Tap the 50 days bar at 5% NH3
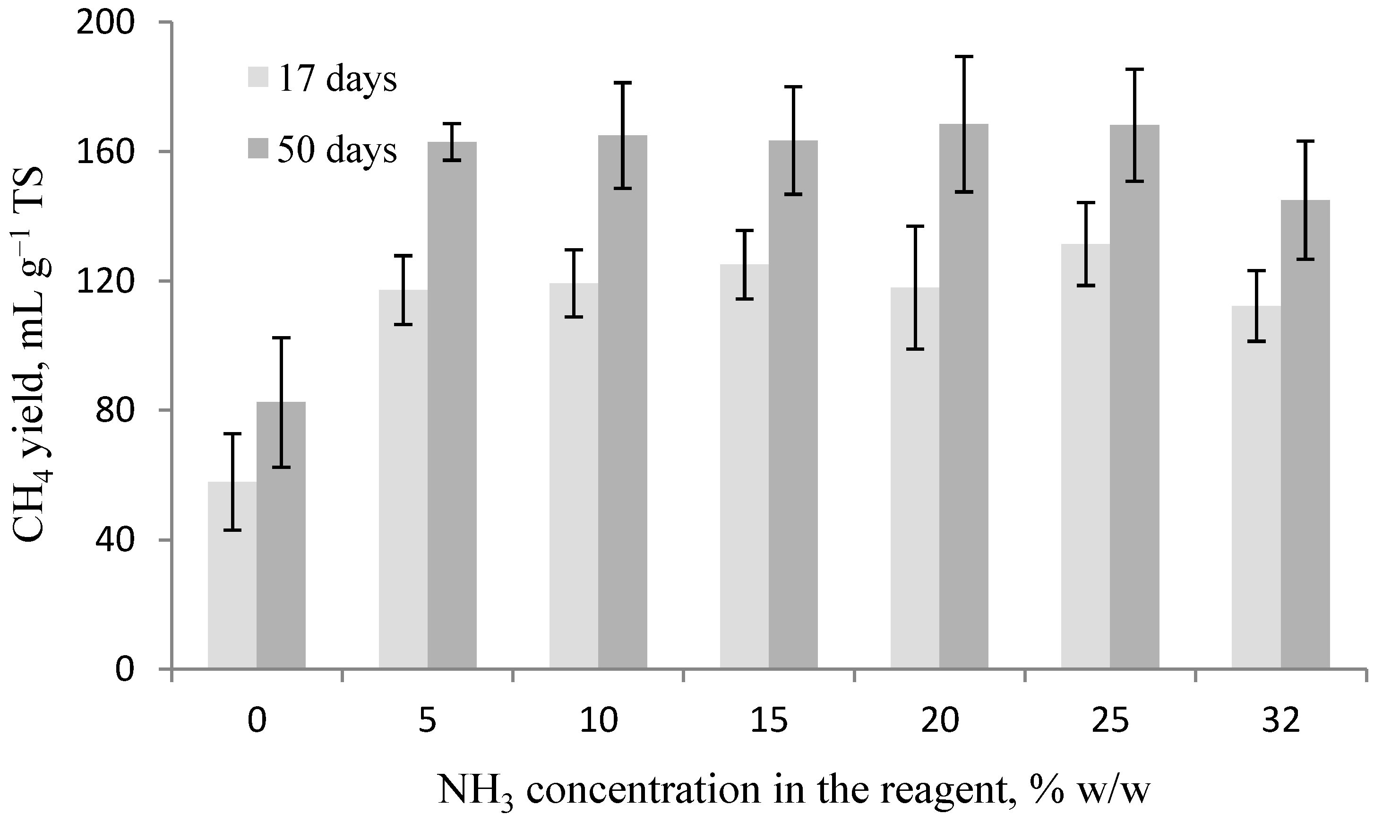tap(452, 405)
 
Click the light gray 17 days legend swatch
tap(258, 78)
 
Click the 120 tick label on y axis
tap(106, 282)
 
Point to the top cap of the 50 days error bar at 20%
tap(964, 57)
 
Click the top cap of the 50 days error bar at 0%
tap(281, 338)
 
